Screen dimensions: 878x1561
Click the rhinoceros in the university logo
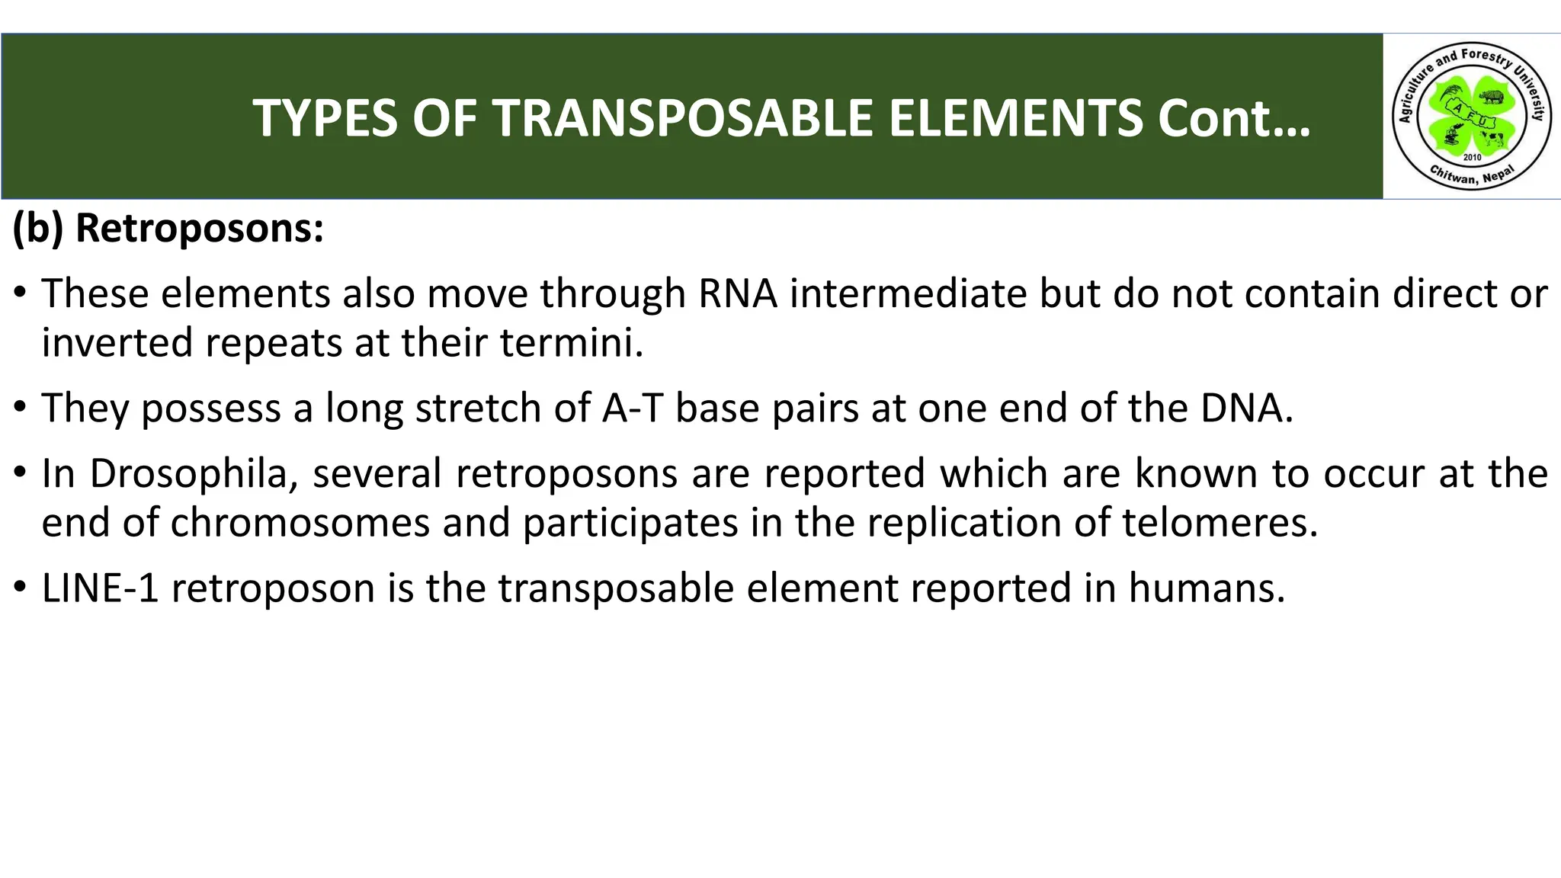tap(1492, 97)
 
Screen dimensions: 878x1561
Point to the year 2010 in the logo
tap(1473, 157)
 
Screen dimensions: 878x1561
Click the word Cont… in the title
tap(1233, 118)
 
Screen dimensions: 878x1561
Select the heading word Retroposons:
tap(200, 228)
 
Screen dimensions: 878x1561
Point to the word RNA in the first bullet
tap(737, 293)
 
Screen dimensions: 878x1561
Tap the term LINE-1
tap(101, 588)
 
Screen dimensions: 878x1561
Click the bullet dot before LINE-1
tap(21, 588)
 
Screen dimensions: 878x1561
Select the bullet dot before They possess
tap(21, 408)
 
